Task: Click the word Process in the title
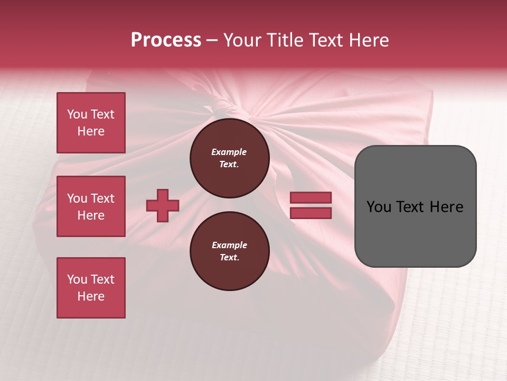point(166,40)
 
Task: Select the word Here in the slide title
point(368,40)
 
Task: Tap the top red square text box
point(91,123)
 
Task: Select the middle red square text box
point(91,206)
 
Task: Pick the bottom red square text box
point(91,288)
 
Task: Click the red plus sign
point(163,205)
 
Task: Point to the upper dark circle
point(230,158)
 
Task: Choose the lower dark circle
point(230,251)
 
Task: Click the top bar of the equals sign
point(311,198)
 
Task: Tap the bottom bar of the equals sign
point(311,213)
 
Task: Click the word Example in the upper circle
point(229,152)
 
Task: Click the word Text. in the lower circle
point(230,258)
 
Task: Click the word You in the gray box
point(379,207)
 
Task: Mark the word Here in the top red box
point(91,131)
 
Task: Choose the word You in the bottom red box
point(77,279)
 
